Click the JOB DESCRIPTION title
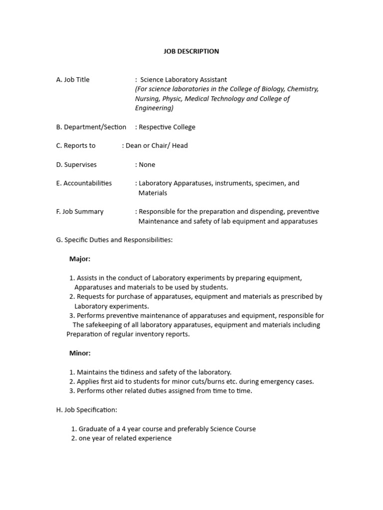191,51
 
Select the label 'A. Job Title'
73,80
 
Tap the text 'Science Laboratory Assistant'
183,80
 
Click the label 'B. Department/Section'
91,127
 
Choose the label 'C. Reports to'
76,146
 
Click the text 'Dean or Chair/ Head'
157,146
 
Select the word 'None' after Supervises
147,165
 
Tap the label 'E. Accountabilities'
84,183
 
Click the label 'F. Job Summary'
80,212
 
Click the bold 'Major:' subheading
80,259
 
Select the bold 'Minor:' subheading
80,353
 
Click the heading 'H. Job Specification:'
87,410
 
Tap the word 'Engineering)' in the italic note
154,108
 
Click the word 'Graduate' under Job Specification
93,429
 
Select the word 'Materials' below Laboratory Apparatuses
153,193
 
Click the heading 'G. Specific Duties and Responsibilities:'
114,240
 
